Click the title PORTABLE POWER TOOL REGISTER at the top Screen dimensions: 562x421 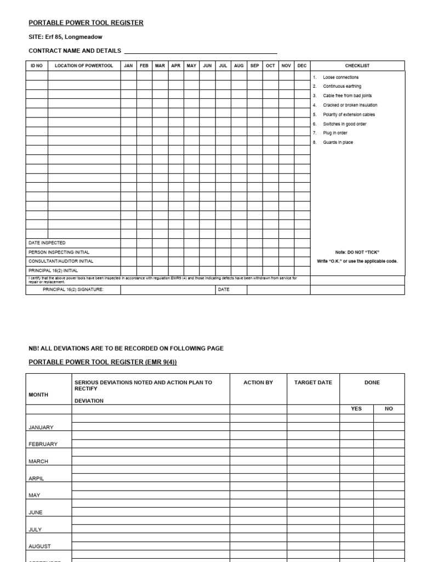pyautogui.click(x=86, y=23)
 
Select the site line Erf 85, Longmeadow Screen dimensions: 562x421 pyautogui.click(x=65, y=37)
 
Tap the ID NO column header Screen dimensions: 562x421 pyautogui.click(x=37, y=66)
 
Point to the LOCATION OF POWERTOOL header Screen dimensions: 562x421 pyautogui.click(x=84, y=66)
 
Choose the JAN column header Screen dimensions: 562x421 pyautogui.click(x=128, y=66)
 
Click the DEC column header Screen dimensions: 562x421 pyautogui.click(x=302, y=66)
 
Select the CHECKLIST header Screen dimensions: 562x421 pyautogui.click(x=357, y=66)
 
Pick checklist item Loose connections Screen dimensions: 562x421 pyautogui.click(x=340, y=77)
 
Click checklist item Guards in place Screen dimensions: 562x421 pyautogui.click(x=338, y=142)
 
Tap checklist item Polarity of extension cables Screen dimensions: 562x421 pyautogui.click(x=349, y=115)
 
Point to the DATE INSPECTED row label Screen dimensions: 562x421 pyautogui.click(x=47, y=243)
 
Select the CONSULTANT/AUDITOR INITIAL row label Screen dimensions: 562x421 pyautogui.click(x=61, y=261)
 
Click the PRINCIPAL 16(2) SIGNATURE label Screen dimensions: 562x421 pyautogui.click(x=73, y=289)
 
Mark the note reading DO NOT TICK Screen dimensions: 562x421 pyautogui.click(x=357, y=252)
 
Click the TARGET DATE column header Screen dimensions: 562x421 pyautogui.click(x=313, y=383)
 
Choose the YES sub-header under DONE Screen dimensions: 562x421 pyautogui.click(x=356, y=409)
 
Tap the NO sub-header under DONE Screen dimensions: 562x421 pyautogui.click(x=389, y=409)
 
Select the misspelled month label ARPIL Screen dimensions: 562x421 pyautogui.click(x=36, y=479)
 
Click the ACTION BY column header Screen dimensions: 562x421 pyautogui.click(x=258, y=383)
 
